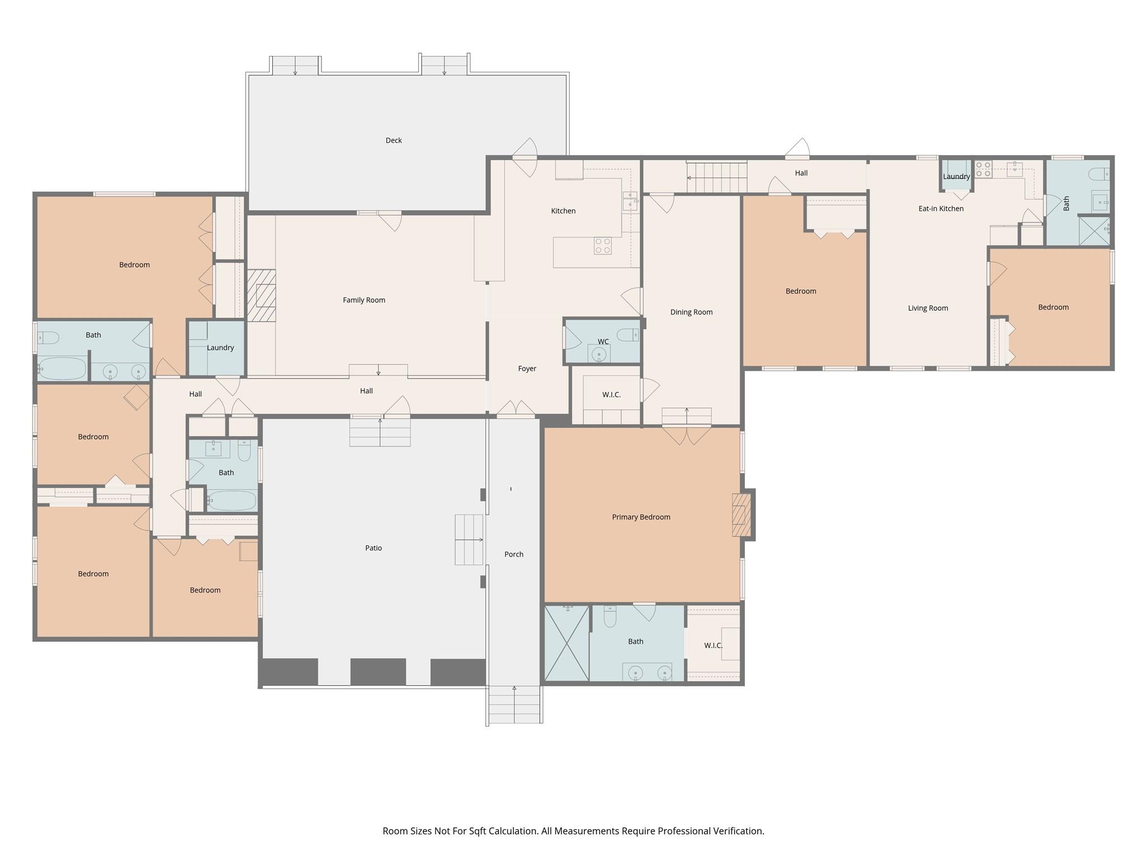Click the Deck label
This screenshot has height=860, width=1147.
pos(394,141)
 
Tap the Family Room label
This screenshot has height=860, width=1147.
pos(364,300)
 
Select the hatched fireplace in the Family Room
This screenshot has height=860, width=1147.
pos(262,296)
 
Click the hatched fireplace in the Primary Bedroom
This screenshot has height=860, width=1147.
pos(742,515)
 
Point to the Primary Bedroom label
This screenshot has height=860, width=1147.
pos(641,517)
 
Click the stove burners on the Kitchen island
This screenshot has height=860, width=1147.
pos(603,246)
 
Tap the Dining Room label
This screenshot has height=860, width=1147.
pos(691,312)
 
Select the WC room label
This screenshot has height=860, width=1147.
pos(603,342)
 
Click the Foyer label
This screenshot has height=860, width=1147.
pos(526,368)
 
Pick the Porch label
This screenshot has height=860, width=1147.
pos(514,554)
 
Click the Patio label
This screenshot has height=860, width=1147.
pos(373,548)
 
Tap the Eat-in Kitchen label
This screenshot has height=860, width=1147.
pos(941,208)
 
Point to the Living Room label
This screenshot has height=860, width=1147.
pos(927,308)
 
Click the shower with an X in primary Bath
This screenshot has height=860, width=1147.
pos(566,643)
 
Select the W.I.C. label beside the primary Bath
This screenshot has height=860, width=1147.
pos(712,646)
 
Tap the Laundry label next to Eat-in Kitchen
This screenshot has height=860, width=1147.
pos(955,176)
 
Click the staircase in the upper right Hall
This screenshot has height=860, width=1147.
pos(717,177)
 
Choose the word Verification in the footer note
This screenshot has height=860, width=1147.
pos(738,831)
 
